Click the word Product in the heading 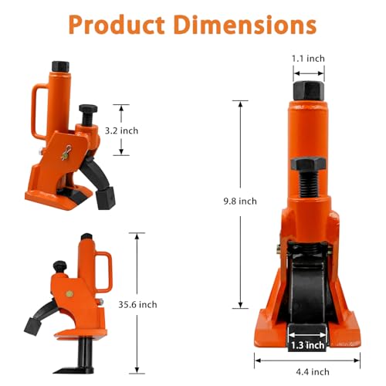117,25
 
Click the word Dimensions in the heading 245,25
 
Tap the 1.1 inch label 308,59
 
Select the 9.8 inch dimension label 240,201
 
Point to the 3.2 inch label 121,130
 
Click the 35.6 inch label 137,305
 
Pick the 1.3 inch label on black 307,345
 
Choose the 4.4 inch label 313,372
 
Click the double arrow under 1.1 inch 309,73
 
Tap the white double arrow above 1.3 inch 307,335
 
